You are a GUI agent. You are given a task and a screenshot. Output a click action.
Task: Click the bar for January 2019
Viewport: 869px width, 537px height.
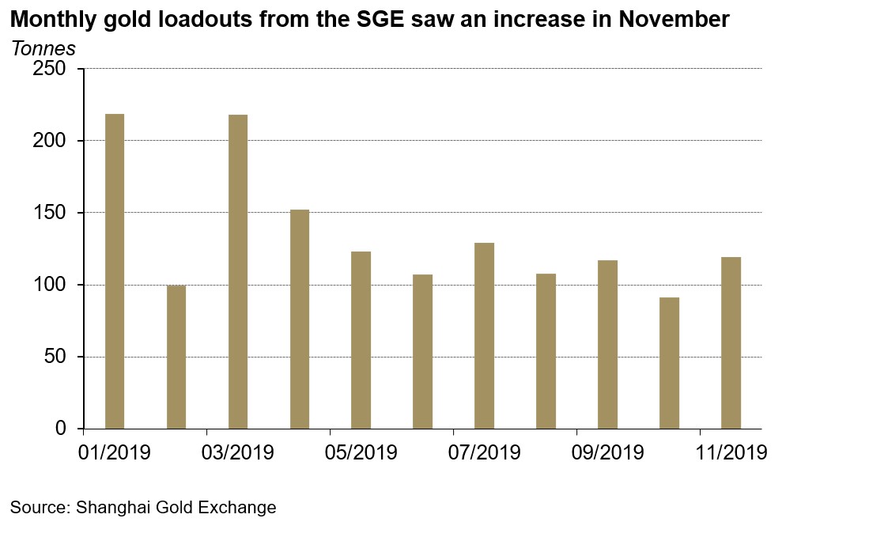click(114, 271)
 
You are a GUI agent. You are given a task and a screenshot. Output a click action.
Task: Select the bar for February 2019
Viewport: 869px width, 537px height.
click(176, 357)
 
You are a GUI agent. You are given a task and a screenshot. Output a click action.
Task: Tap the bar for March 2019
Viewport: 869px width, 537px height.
click(237, 271)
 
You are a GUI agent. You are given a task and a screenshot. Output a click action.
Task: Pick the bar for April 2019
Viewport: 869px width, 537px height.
click(299, 319)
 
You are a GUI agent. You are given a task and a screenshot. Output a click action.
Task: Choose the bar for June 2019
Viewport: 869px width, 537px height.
click(422, 351)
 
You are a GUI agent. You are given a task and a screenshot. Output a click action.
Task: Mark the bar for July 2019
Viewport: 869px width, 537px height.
click(484, 335)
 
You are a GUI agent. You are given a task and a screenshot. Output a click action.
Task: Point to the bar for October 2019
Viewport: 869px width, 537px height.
click(669, 363)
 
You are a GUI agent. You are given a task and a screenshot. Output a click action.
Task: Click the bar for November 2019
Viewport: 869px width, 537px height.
click(731, 342)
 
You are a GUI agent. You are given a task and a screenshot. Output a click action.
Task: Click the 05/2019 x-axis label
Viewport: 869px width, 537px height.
click(361, 453)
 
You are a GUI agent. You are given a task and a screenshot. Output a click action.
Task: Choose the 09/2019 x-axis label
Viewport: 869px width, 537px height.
click(608, 453)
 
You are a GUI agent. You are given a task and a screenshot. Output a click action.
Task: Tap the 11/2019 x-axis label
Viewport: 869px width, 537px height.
click(731, 453)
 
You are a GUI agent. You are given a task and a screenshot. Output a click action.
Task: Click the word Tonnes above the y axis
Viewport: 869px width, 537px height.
click(43, 48)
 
